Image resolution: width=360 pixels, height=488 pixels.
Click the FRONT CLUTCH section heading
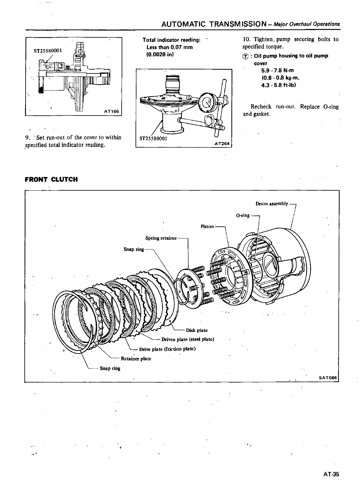51,179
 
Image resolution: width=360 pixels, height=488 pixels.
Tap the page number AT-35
331,474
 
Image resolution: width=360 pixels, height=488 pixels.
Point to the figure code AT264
223,144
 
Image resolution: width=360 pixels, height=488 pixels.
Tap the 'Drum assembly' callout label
272,204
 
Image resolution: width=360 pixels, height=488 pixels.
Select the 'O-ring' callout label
243,215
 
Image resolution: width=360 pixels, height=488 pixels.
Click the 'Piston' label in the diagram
207,226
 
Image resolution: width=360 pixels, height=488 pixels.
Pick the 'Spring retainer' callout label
161,238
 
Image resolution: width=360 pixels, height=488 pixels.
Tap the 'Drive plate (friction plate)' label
168,349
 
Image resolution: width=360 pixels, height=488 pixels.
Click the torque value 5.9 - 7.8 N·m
276,70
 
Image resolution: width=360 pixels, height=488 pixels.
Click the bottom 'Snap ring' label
110,368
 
